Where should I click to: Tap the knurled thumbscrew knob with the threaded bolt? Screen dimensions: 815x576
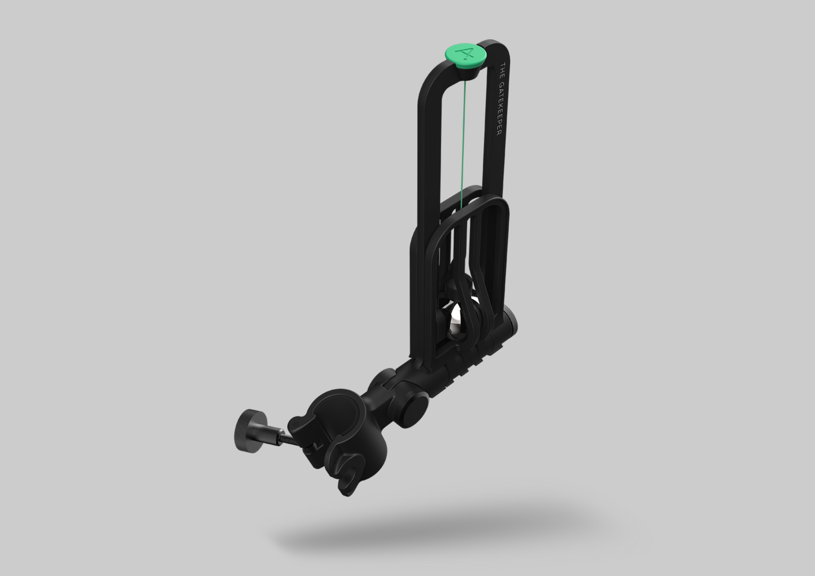(x=251, y=431)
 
